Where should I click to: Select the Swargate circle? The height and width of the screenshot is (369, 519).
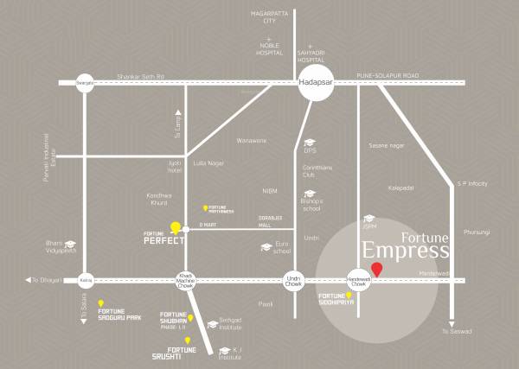click(x=85, y=82)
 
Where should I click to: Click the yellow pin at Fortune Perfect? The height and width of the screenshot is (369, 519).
click(x=176, y=227)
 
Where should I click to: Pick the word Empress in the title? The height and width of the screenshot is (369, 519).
click(x=405, y=251)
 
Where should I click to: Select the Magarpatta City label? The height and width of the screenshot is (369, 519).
click(x=269, y=16)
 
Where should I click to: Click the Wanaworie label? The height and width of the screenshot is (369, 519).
click(x=252, y=140)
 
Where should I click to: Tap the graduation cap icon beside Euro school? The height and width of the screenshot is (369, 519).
click(x=266, y=247)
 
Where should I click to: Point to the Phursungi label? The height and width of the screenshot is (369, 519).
click(x=476, y=232)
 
